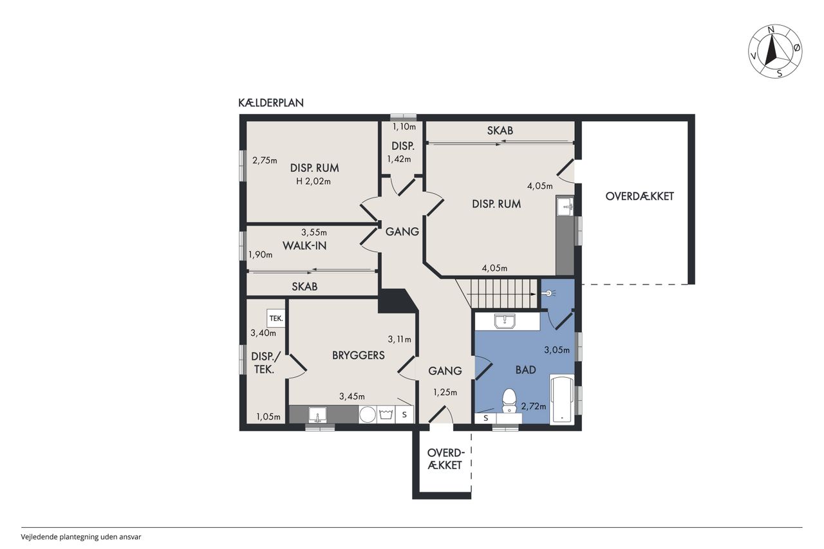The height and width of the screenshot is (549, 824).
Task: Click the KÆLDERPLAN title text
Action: [271, 103]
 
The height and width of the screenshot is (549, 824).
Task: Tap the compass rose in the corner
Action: [775, 51]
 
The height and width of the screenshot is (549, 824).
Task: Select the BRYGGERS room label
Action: [359, 355]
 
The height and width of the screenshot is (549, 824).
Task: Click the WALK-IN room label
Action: [304, 246]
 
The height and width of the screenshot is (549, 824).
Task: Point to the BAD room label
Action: [526, 370]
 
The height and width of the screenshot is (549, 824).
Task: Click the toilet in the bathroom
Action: [509, 401]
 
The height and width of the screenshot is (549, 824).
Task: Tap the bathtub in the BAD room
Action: [562, 400]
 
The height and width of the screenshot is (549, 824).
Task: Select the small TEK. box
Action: [276, 318]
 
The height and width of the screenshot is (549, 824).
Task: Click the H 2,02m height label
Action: [314, 181]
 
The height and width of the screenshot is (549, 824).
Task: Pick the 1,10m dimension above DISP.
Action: [404, 127]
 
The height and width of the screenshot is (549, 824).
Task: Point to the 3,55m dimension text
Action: [314, 232]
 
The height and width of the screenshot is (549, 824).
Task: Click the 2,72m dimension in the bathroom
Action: [534, 406]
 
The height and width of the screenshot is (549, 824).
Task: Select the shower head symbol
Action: [550, 293]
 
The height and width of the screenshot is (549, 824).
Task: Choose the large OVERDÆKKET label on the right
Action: [640, 196]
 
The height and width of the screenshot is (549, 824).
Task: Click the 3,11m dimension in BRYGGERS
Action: [400, 339]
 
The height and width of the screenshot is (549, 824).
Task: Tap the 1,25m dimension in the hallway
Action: [445, 393]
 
